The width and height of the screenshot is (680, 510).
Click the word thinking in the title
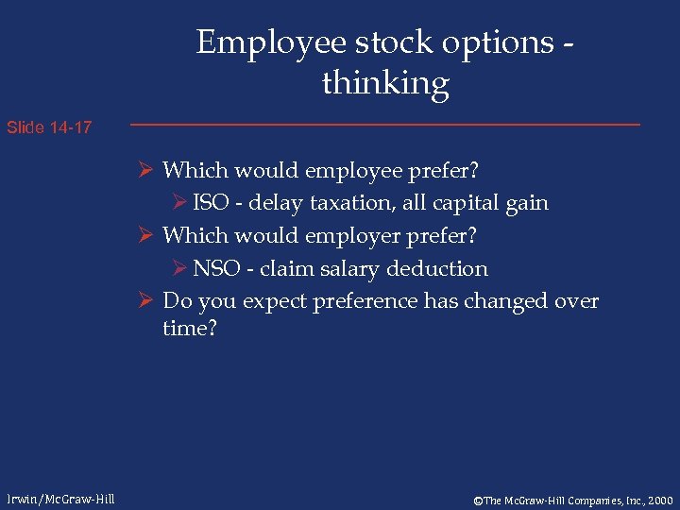385,83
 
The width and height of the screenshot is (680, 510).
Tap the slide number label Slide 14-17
49,127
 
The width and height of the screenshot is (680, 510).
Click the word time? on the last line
189,330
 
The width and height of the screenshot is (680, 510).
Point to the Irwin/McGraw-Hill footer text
59,499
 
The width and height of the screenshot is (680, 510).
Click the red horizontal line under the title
384,125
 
